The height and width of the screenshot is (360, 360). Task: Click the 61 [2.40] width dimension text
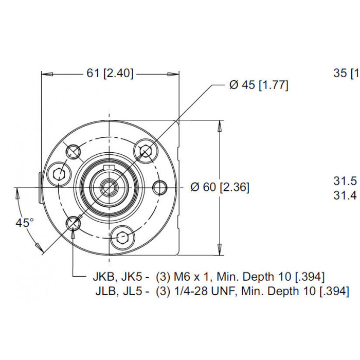click(x=110, y=74)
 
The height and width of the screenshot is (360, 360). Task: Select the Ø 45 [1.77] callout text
click(x=259, y=85)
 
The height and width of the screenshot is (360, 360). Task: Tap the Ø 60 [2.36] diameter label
click(x=220, y=187)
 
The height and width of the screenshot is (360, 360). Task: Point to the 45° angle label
click(x=25, y=223)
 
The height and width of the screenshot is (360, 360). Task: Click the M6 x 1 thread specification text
click(x=192, y=277)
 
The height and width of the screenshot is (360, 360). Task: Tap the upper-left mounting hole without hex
click(x=74, y=151)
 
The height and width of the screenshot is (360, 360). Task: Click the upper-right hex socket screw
click(x=146, y=151)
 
